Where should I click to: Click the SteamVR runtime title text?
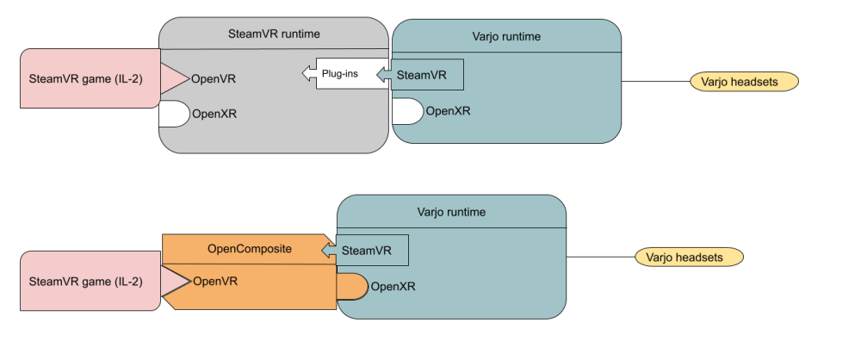click(275, 34)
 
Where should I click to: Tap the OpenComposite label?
click(250, 248)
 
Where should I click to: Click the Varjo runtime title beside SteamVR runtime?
click(506, 38)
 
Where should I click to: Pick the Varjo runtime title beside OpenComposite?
click(450, 212)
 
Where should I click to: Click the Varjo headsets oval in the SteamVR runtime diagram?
click(745, 82)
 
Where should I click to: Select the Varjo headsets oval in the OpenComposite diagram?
click(689, 257)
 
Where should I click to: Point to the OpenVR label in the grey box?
click(214, 79)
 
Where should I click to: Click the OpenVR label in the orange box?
click(215, 281)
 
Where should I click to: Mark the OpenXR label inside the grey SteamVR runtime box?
click(215, 114)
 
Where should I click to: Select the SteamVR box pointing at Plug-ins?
click(426, 75)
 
